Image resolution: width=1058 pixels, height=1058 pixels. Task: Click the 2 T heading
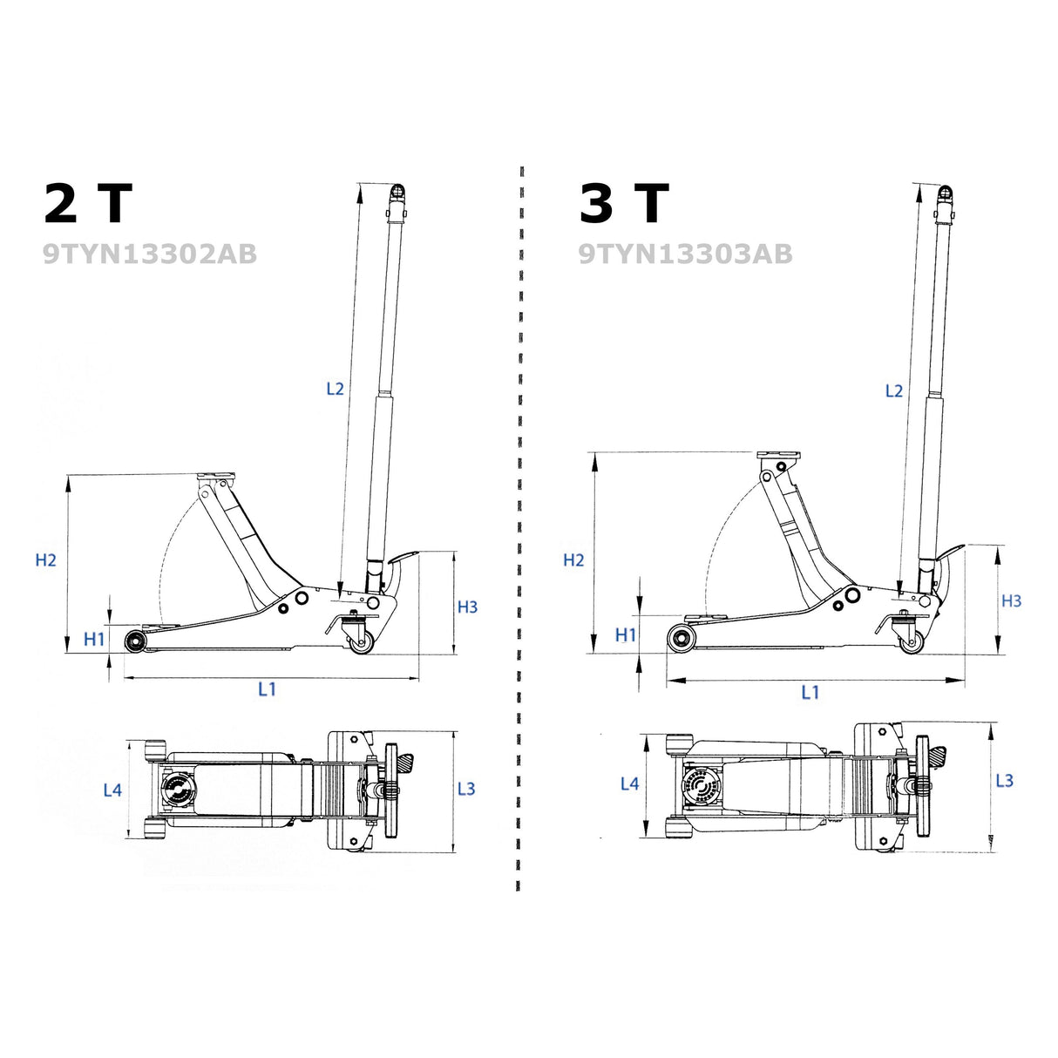coord(88,203)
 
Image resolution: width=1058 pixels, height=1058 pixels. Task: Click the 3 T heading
coord(624,203)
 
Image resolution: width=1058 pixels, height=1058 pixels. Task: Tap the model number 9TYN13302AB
coord(150,254)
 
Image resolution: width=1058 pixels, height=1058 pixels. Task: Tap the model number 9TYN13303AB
coord(686,254)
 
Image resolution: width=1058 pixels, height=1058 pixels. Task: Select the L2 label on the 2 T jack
coord(335,389)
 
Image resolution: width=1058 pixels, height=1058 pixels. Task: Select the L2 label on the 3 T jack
coord(894,391)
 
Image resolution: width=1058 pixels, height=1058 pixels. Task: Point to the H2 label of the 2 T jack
coord(45,560)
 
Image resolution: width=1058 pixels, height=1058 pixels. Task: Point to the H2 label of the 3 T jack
coord(573,560)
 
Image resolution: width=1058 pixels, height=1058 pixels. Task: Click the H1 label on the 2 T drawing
coord(94,639)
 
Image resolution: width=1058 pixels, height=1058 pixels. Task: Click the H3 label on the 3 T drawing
coord(1011,600)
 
